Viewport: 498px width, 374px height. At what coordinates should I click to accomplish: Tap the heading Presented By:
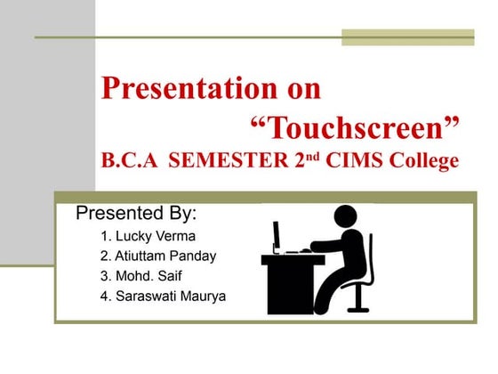pos(135,215)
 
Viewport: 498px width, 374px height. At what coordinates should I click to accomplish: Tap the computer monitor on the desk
pos(277,237)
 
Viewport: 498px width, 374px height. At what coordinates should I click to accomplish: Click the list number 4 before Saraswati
pos(105,296)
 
